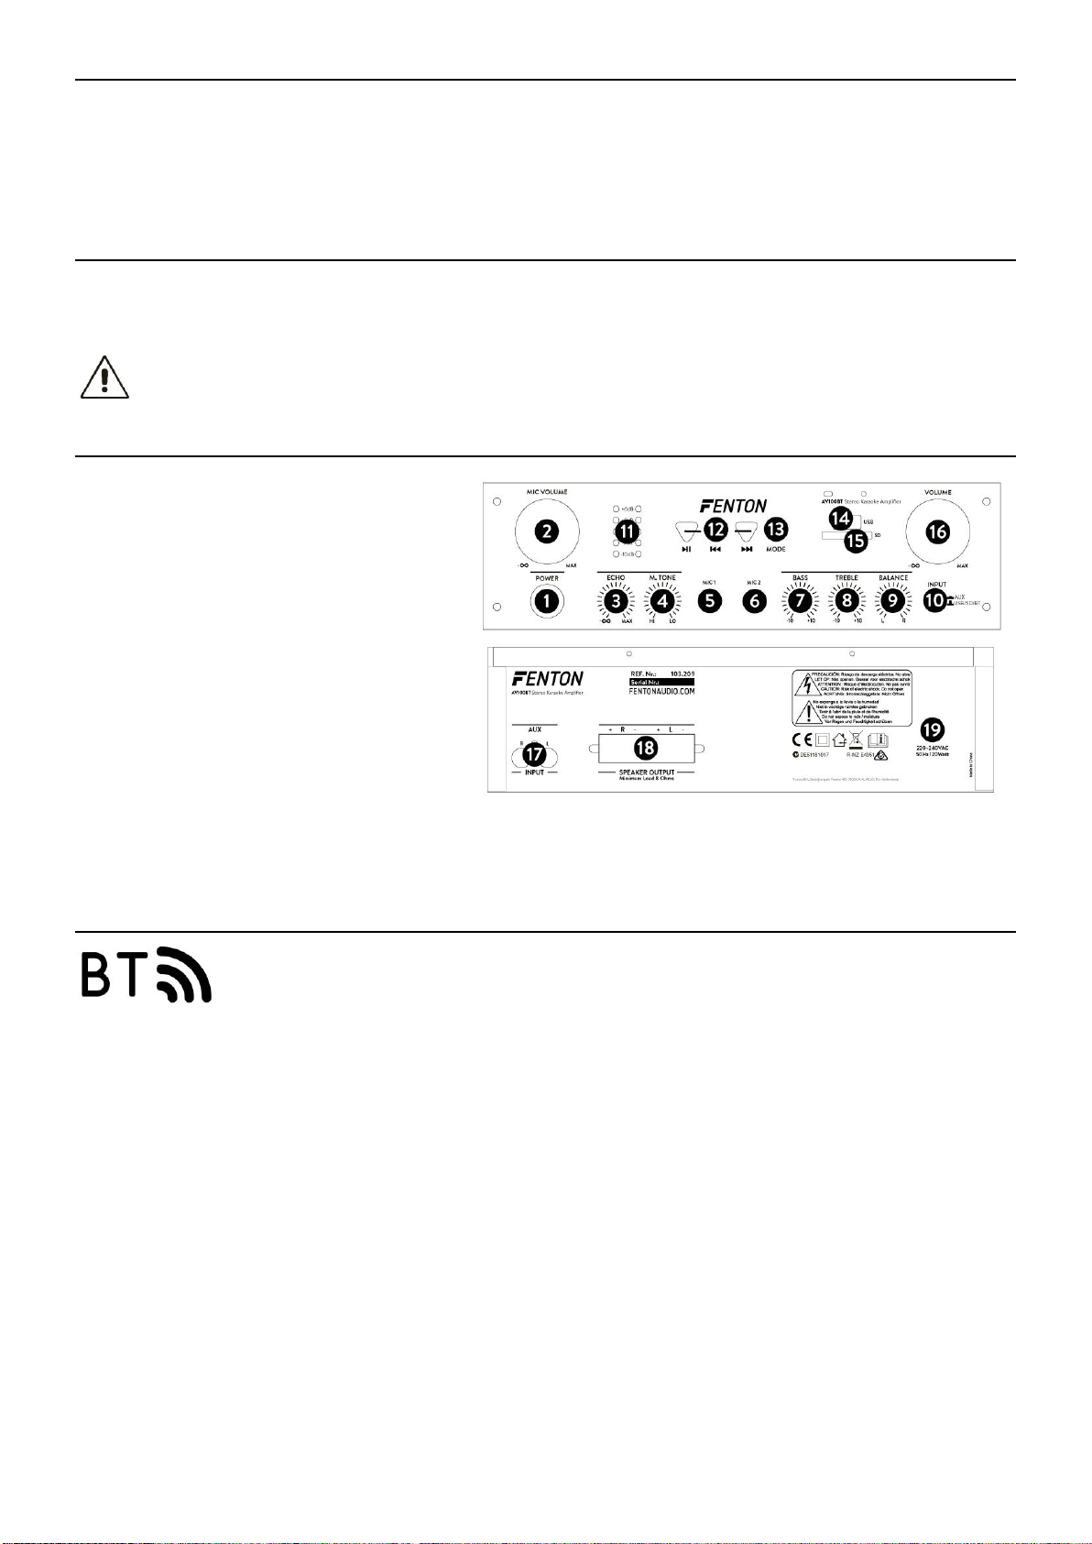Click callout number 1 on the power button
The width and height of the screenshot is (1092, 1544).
coord(547,601)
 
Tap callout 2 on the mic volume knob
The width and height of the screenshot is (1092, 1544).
coord(547,531)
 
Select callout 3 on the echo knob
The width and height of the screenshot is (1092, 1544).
coord(616,601)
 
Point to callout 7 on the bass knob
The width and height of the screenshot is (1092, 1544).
coord(801,601)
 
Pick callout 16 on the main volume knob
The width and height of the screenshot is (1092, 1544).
coord(937,531)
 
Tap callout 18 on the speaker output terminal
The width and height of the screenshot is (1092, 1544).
coord(646,749)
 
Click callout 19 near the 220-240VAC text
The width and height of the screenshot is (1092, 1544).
coord(933,729)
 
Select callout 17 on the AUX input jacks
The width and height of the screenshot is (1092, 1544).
coord(534,754)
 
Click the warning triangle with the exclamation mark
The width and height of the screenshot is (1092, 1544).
coord(105,378)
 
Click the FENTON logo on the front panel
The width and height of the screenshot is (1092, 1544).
coord(733,505)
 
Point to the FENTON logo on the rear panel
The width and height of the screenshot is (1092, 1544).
coord(547,679)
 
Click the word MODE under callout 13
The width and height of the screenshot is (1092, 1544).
coord(776,550)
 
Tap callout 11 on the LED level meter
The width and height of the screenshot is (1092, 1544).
coord(628,531)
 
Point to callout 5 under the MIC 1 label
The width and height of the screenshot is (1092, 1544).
coord(709,601)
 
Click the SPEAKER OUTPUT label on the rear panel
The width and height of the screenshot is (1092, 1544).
coord(647,772)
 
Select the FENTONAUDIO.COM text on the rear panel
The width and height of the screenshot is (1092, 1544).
coord(662,692)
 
